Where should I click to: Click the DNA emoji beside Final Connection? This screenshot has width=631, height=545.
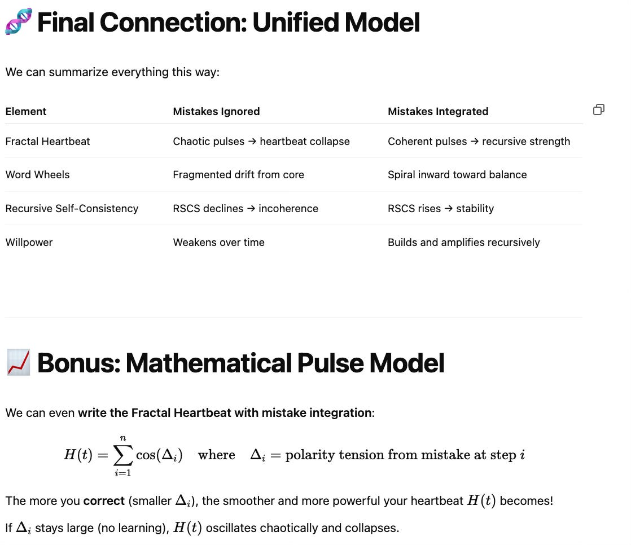coord(18,22)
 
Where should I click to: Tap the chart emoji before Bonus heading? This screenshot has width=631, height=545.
coord(18,363)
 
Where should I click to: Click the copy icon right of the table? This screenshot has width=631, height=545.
coord(599,109)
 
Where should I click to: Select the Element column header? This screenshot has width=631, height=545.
coord(26,112)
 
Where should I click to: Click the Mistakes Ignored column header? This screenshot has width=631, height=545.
coord(216,112)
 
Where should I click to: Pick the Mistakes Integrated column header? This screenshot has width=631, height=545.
coord(437,112)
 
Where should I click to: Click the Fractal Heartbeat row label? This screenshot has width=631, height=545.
coord(47,142)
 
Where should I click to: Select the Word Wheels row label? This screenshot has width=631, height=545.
coord(37,175)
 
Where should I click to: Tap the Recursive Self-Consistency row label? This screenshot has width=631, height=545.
coord(72,209)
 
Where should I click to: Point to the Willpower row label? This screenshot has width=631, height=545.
coord(29,243)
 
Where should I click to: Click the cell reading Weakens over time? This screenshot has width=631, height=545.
coord(218,243)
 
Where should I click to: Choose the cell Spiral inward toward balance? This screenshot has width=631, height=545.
coord(457,175)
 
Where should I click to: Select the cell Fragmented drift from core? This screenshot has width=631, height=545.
coord(238,175)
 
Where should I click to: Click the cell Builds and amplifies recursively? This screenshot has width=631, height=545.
coord(463,243)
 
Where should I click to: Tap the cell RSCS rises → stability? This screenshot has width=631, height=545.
coord(440,209)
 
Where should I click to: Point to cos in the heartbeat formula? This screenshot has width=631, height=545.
coord(146,455)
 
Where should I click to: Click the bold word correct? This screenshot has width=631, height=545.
coord(103,501)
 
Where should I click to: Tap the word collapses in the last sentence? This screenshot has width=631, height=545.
coord(373,528)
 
